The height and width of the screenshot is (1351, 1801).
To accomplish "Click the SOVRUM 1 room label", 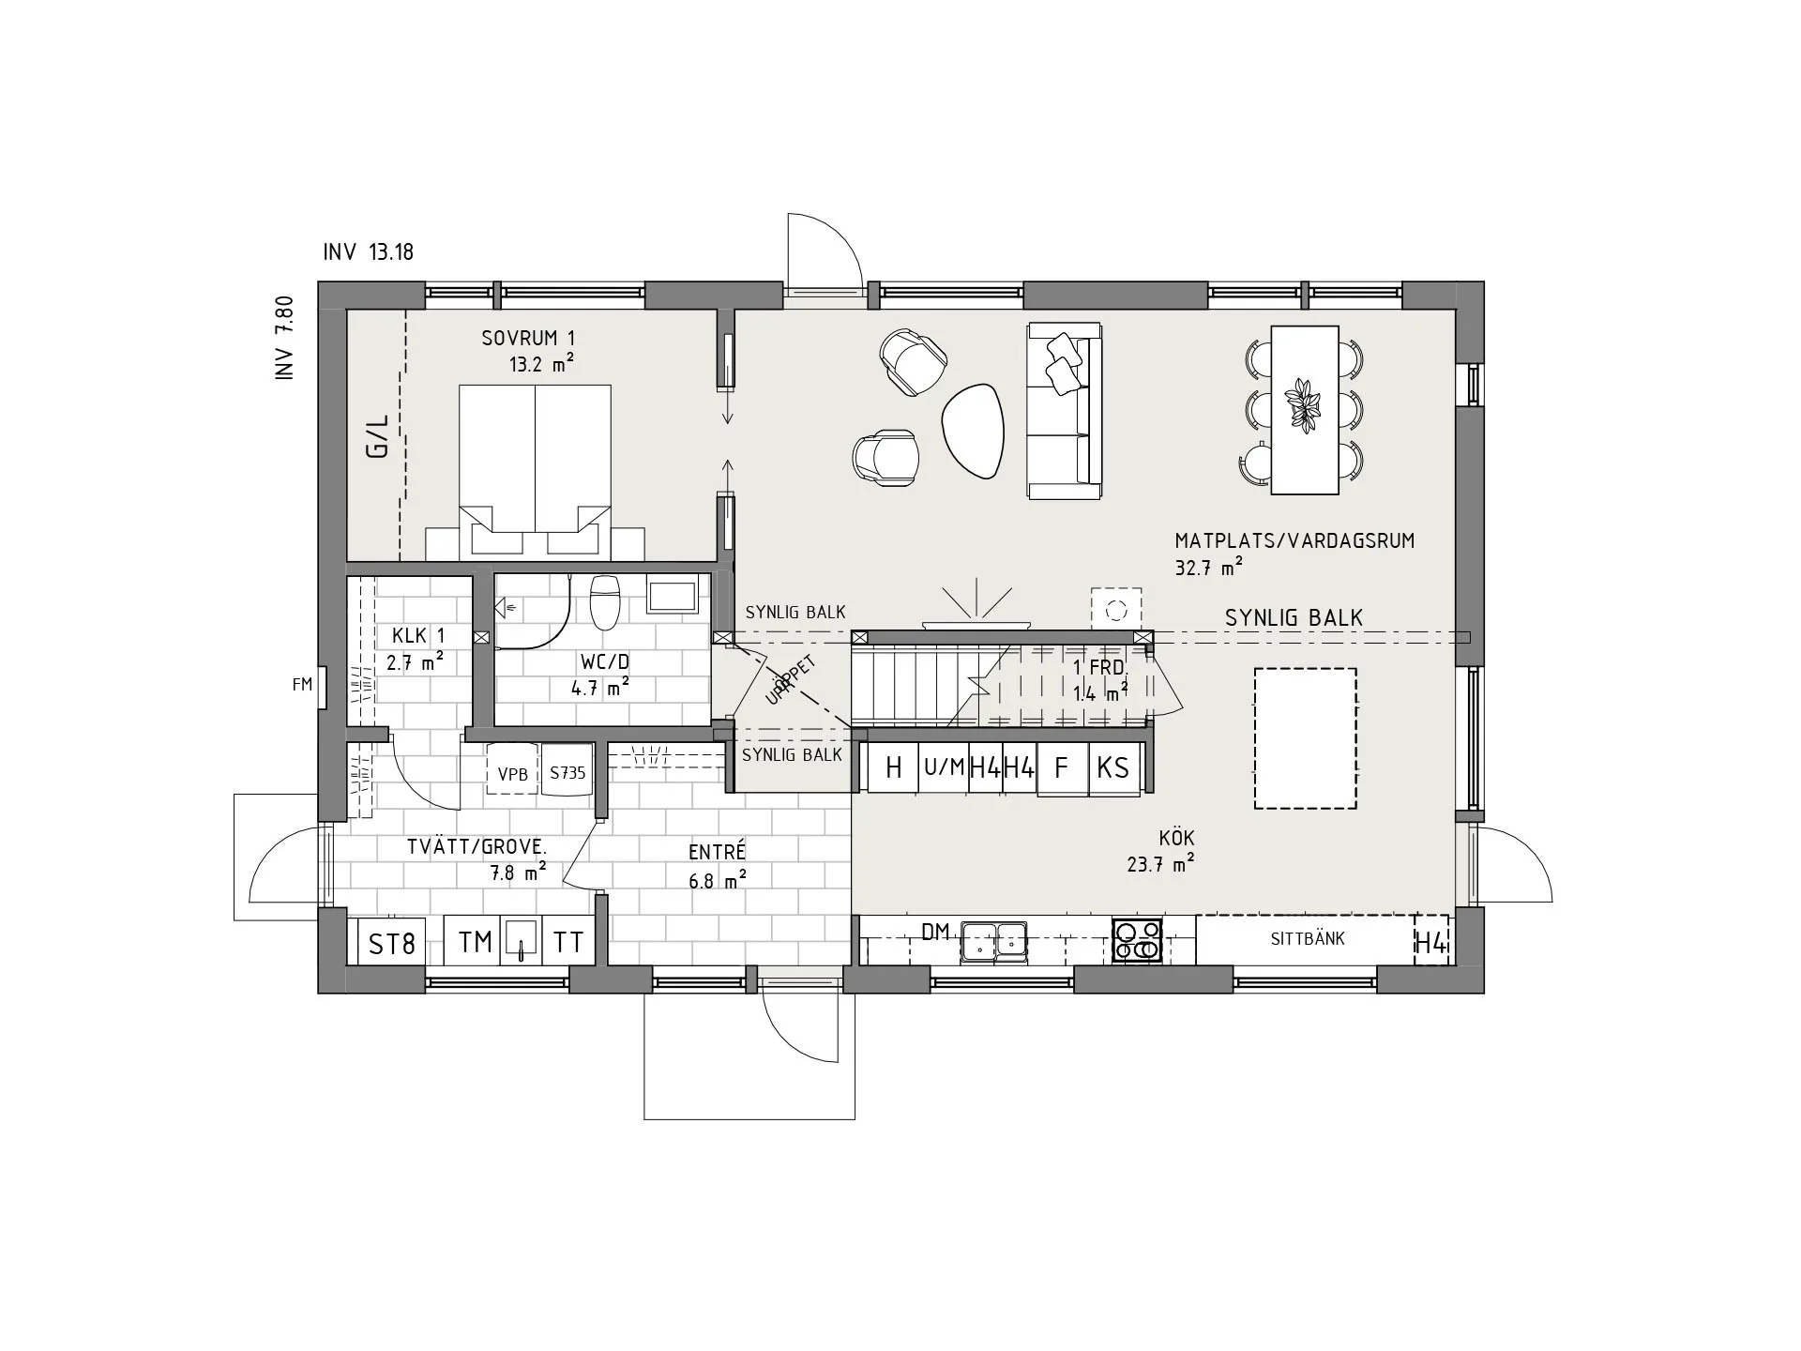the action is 528,338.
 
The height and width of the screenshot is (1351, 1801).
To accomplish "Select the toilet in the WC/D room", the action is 605,602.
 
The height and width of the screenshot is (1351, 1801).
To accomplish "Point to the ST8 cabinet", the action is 392,941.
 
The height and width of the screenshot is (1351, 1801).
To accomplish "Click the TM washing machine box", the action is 475,941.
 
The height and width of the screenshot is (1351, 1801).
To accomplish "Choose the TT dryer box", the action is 568,941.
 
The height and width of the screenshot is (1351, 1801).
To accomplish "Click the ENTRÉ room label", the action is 717,852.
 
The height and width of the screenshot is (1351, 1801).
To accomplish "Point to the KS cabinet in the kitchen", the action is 1113,768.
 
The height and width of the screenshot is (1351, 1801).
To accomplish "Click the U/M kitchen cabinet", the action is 944,768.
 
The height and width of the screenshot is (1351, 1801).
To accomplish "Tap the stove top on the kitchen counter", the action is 1137,940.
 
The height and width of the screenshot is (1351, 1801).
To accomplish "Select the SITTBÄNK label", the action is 1308,938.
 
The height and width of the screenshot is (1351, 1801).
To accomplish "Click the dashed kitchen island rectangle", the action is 1306,738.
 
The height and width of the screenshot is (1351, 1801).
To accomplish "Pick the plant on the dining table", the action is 1304,405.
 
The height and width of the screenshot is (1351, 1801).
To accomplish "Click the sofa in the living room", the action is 1065,411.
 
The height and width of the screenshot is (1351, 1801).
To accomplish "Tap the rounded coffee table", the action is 973,433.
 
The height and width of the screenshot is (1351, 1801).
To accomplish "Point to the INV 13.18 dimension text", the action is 368,251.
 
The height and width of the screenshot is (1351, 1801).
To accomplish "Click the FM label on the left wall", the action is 302,685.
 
